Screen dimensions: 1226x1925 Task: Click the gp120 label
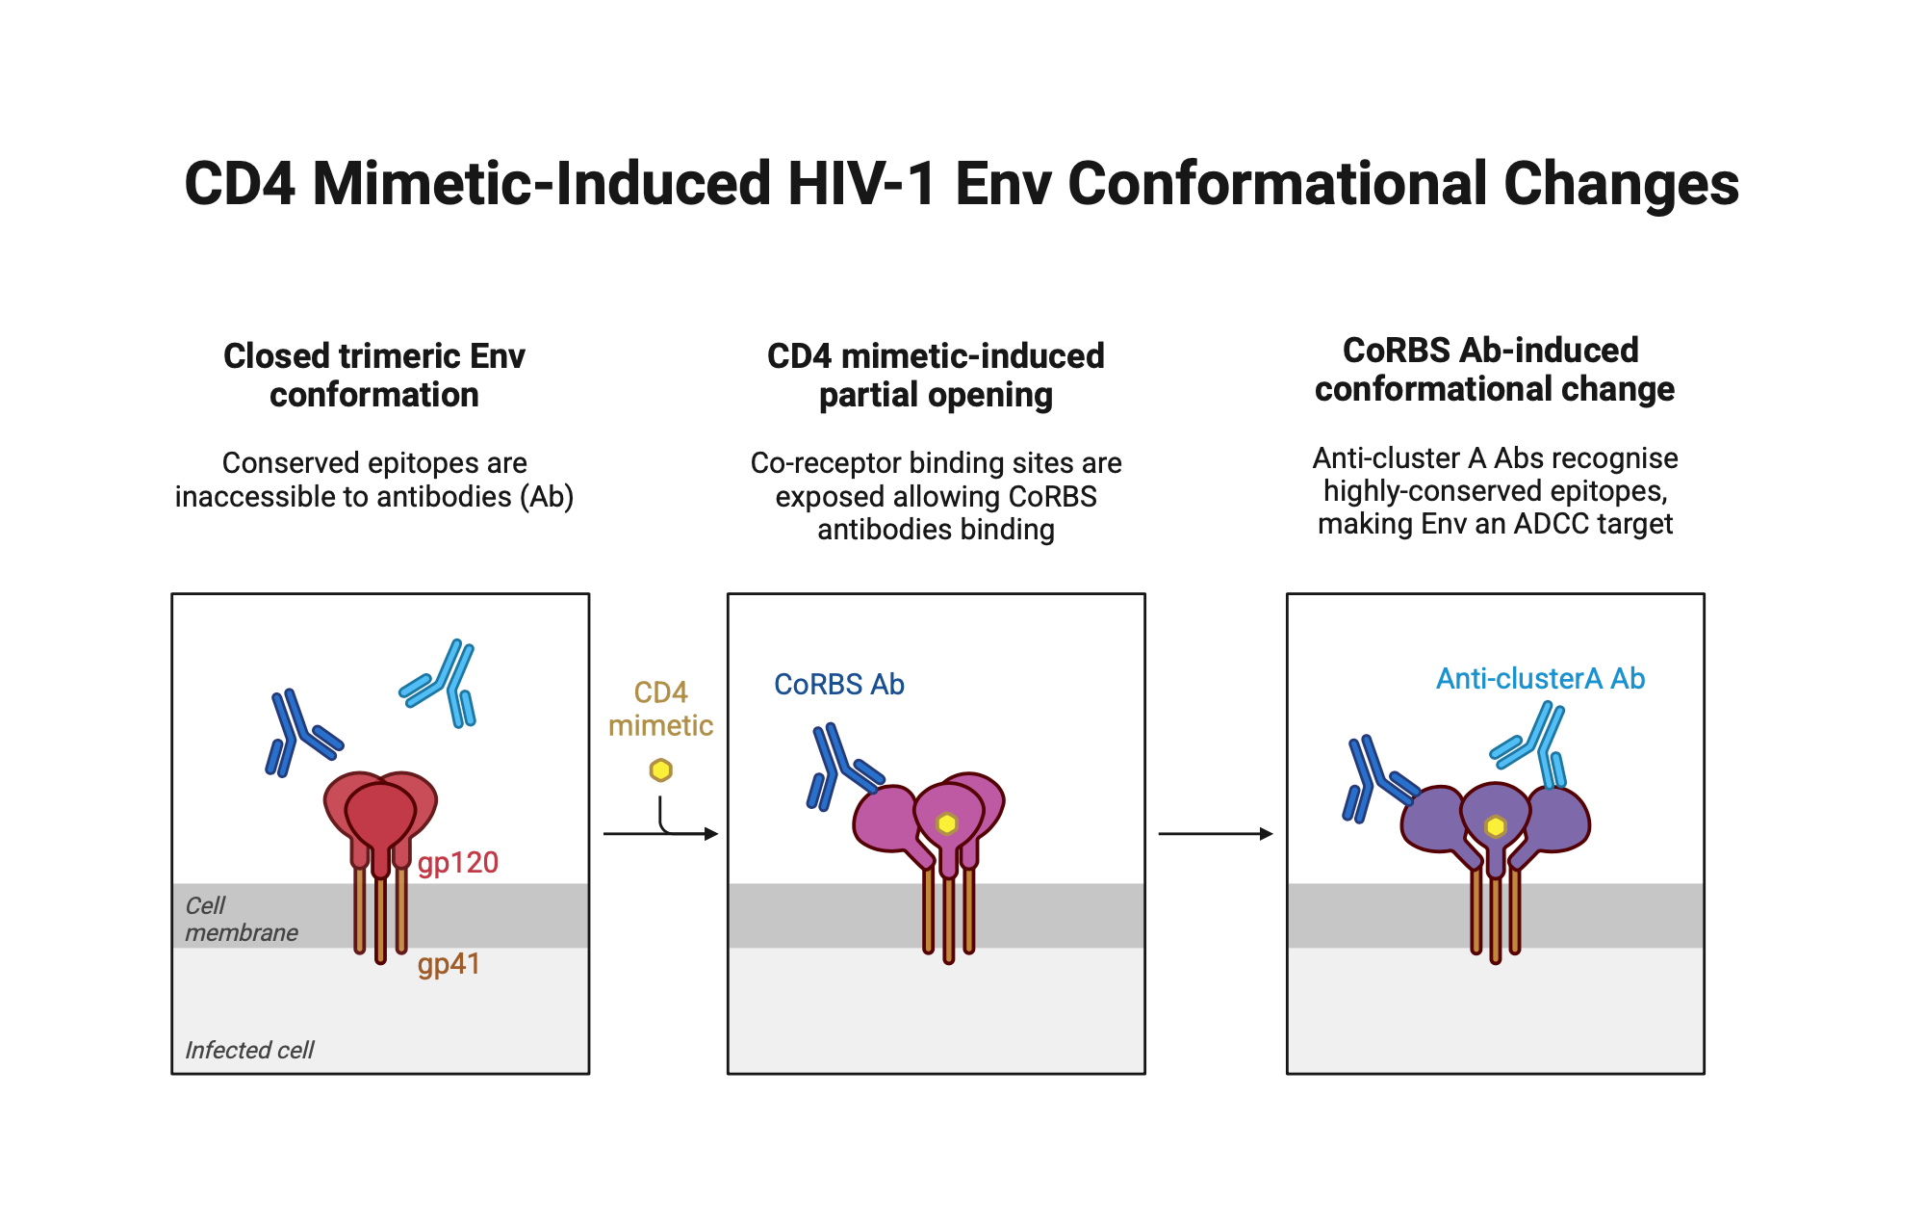coord(458,862)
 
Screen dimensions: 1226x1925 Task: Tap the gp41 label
coord(449,964)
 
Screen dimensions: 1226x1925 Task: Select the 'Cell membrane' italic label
coord(241,919)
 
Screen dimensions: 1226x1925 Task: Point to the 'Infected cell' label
coord(249,1050)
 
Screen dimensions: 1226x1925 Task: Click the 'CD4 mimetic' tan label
coord(660,709)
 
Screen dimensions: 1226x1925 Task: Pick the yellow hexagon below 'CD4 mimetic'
coord(660,770)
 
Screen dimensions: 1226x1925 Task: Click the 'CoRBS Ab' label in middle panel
coord(838,685)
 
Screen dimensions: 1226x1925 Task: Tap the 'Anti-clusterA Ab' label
coord(1540,679)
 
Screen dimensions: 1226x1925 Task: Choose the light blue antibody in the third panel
coord(1534,743)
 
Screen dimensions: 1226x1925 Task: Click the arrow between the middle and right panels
coord(1215,834)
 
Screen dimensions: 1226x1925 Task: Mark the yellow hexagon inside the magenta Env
coord(947,823)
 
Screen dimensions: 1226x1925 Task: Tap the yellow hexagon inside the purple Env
coord(1495,826)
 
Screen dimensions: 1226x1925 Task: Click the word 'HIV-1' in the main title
coord(861,184)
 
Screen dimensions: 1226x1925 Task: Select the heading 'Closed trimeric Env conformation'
coord(374,376)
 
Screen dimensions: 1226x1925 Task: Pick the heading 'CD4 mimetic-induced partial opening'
coord(936,376)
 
